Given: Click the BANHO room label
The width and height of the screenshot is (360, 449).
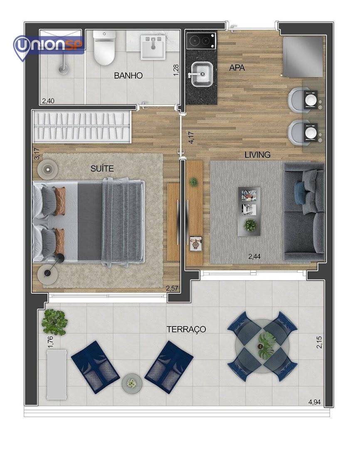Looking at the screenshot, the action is [128, 76].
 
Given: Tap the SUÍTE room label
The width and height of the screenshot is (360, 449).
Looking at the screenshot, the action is [102, 168].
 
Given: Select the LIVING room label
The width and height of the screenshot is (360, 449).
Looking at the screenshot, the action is [257, 155].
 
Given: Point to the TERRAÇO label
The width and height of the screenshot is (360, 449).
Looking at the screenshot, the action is [186, 329].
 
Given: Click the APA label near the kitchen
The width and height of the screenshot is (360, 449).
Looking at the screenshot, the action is [237, 68].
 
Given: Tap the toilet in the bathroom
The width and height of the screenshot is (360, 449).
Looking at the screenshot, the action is [104, 48].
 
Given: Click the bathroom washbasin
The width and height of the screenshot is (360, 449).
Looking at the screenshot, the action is [153, 47].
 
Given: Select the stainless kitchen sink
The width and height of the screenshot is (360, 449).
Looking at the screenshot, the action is [202, 74].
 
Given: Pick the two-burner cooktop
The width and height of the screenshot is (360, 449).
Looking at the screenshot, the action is [201, 41].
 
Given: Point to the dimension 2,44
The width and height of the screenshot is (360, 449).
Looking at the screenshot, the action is [254, 257].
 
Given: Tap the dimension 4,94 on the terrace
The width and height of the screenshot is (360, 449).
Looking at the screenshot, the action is [314, 402].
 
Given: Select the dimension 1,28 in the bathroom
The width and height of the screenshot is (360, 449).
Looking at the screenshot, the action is [176, 70].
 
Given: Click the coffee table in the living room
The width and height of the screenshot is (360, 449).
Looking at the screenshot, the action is [249, 211].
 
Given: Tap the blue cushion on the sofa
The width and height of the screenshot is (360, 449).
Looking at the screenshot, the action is [299, 190].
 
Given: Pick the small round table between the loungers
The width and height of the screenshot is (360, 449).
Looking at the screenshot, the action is [132, 383].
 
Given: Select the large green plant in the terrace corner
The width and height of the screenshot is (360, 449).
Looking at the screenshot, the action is [54, 322].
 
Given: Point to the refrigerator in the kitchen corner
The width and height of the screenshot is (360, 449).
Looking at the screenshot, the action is [303, 57].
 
